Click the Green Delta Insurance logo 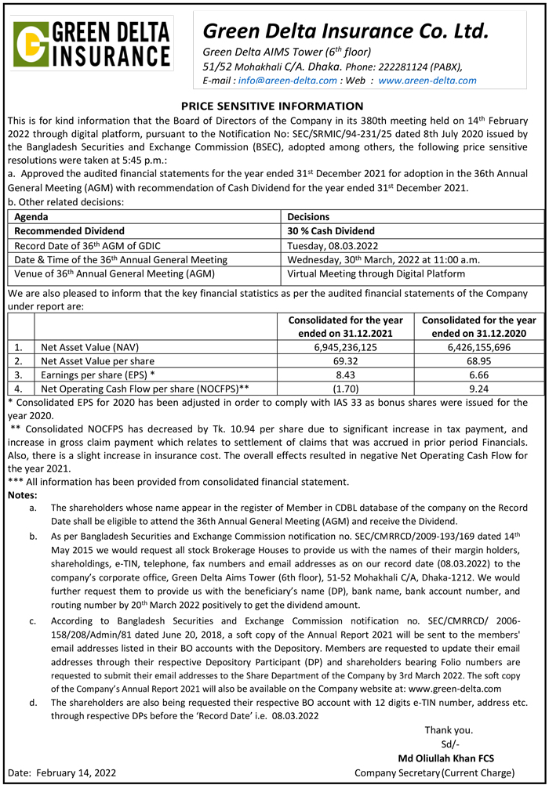click(93, 45)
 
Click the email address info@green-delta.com click(288, 80)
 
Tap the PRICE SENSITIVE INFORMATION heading click(272, 106)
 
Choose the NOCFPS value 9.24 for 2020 click(478, 388)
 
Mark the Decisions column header click(308, 216)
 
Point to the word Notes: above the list click(24, 495)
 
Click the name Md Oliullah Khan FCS click(446, 758)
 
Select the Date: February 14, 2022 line click(62, 772)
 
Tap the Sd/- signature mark click(450, 744)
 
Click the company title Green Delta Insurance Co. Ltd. click(345, 31)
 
